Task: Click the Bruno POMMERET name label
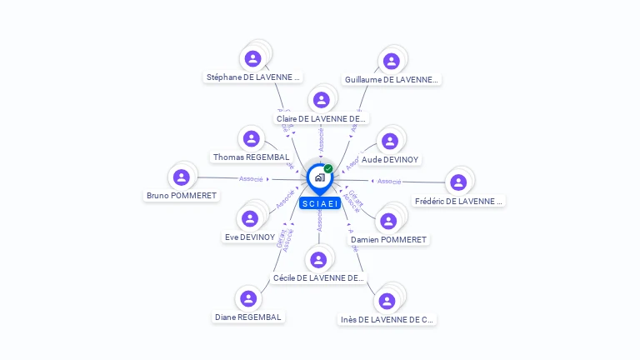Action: point(182,196)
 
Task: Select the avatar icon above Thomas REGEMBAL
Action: point(250,138)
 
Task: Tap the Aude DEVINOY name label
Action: point(390,159)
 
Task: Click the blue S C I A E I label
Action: point(320,203)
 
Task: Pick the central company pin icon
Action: point(318,177)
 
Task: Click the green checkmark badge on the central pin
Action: point(328,169)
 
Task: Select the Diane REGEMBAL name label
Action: point(248,317)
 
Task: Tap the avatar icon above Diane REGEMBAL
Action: point(247,297)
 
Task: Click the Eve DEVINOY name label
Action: point(250,237)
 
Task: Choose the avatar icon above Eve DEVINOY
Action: point(249,218)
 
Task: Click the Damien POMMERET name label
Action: point(388,239)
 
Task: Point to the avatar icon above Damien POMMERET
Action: point(387,221)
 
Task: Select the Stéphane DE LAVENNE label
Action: point(252,77)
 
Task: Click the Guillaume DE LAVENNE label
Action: point(391,80)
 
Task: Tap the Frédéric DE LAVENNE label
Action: point(459,201)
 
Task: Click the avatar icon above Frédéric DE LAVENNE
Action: point(457,182)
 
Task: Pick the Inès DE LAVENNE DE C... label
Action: point(387,319)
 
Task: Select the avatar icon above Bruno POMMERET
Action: point(182,177)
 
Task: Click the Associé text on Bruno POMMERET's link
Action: point(251,178)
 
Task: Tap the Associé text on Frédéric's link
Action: point(389,181)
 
